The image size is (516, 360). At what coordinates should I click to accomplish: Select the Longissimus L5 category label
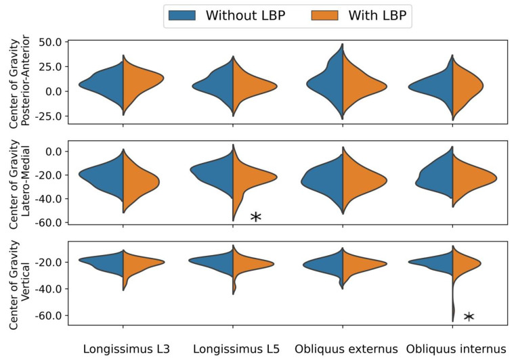coord(233,349)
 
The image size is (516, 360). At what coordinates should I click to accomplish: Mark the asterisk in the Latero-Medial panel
coord(256,217)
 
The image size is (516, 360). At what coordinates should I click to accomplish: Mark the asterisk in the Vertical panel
coord(469,317)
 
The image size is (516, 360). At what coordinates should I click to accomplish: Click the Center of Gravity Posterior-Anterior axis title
coord(20,83)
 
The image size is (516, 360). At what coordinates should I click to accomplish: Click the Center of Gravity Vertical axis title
coord(20,284)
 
